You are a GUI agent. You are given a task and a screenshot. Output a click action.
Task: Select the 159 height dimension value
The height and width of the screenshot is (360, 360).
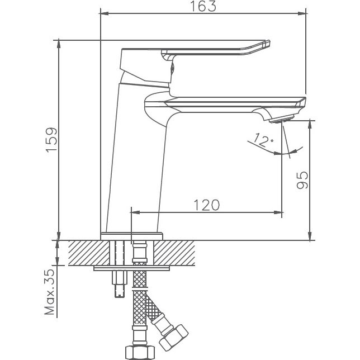(x=51, y=140)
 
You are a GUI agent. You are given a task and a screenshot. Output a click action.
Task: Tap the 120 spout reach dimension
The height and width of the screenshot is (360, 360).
(x=206, y=205)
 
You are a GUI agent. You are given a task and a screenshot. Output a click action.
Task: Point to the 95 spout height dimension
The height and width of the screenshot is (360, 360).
(x=302, y=180)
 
